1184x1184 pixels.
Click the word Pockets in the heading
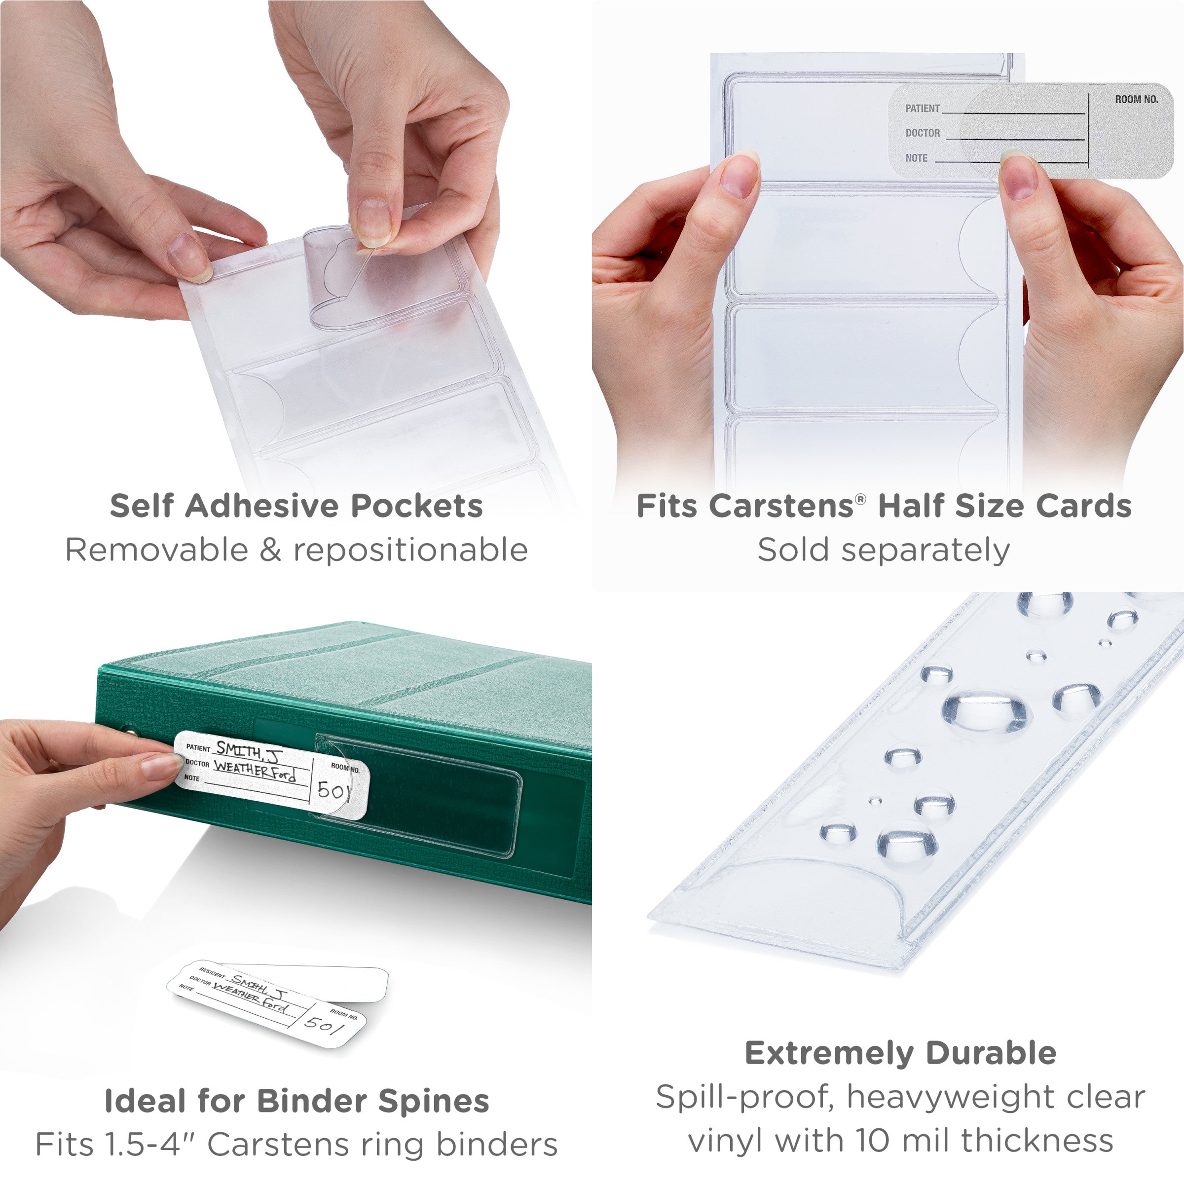click(417, 506)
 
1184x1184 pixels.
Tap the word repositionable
click(410, 550)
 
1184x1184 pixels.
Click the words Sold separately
click(883, 550)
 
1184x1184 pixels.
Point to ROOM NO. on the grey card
click(1136, 99)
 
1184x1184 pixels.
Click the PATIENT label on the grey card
click(923, 109)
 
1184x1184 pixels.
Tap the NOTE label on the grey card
click(916, 158)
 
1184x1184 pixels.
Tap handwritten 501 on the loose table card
click(324, 1024)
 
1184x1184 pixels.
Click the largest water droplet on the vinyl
click(986, 711)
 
